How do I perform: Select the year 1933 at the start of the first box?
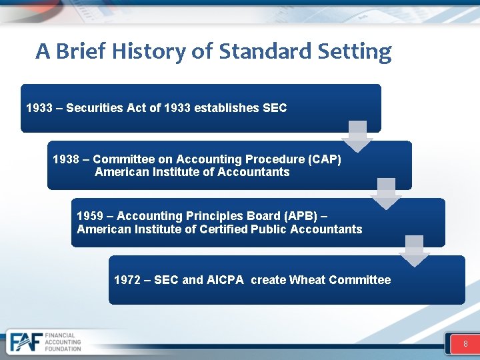pyautogui.click(x=39, y=108)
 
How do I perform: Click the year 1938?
pyautogui.click(x=65, y=159)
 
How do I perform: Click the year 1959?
pyautogui.click(x=90, y=216)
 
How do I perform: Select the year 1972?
pyautogui.click(x=127, y=280)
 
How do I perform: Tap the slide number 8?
pyautogui.click(x=465, y=344)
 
